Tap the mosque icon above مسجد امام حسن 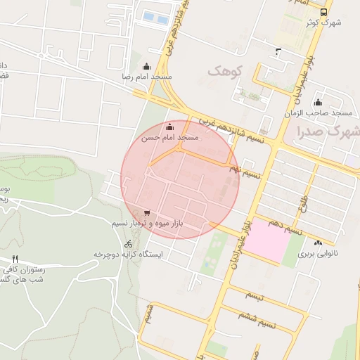tap(169, 127)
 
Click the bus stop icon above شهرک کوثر tap(323, 12)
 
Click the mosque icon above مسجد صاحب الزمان tap(318, 102)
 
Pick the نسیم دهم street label tap(288, 229)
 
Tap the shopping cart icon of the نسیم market tap(146, 212)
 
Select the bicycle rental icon tap(128, 243)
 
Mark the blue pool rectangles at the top tap(156, 16)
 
